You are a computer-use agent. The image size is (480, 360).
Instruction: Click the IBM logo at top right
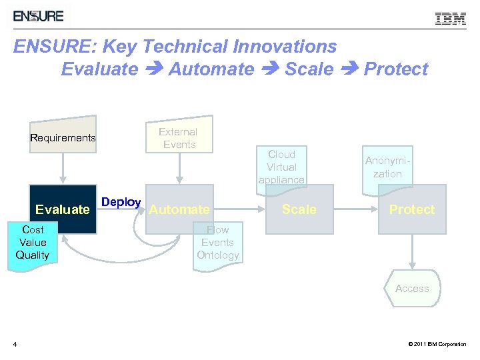pyautogui.click(x=451, y=19)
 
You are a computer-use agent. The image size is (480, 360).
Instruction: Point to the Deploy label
pyautogui.click(x=121, y=202)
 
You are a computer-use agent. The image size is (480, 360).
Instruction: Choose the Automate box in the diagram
pyautogui.click(x=179, y=209)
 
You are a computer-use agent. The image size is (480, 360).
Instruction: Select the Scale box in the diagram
pyautogui.click(x=299, y=209)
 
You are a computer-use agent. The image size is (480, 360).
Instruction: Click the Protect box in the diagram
pyautogui.click(x=411, y=209)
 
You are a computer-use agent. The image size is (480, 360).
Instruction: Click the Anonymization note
pyautogui.click(x=387, y=168)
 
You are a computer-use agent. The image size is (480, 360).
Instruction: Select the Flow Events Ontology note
pyautogui.click(x=217, y=244)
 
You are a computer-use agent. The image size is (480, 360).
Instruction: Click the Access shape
pyautogui.click(x=412, y=289)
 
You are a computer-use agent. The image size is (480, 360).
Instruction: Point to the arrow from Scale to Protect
pyautogui.click(x=355, y=209)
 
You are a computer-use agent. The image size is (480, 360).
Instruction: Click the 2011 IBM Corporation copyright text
pyautogui.click(x=437, y=345)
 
